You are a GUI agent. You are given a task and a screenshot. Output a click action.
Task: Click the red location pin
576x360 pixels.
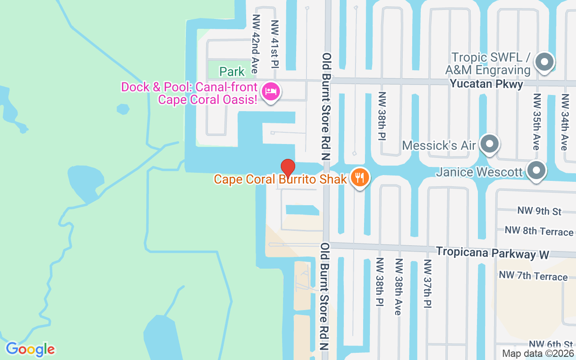click(288, 168)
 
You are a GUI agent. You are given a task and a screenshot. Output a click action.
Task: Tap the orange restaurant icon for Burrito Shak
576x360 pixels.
click(359, 178)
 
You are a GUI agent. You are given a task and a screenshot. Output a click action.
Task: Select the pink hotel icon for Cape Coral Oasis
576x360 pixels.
click(271, 91)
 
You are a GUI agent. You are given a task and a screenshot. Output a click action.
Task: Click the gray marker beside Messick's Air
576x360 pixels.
click(489, 144)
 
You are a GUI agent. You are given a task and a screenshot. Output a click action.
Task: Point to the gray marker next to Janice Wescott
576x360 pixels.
click(536, 171)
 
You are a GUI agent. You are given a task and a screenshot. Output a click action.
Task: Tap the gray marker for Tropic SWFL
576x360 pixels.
click(544, 63)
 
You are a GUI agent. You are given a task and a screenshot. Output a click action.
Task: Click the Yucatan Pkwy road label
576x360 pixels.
click(486, 84)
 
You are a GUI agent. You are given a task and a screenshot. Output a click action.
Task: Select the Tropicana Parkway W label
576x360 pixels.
click(492, 253)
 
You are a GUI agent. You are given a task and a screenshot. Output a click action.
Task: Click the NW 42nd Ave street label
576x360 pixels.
click(255, 44)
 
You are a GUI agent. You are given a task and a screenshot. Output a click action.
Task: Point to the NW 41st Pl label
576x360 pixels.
click(274, 44)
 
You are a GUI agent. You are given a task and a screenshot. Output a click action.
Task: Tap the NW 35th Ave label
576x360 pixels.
click(536, 122)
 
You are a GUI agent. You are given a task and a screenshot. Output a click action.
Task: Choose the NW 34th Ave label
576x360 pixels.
click(564, 122)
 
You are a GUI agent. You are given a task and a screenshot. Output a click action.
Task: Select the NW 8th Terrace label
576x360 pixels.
click(539, 231)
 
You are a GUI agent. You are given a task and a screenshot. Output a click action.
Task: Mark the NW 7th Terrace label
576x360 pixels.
click(533, 275)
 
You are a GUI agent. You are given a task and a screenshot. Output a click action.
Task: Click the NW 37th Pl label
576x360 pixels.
click(427, 283)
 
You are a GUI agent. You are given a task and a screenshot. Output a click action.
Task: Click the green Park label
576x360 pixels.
click(232, 71)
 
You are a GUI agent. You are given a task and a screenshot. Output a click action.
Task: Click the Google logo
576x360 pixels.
click(30, 349)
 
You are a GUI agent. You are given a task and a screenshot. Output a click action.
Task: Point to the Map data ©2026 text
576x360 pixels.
click(538, 354)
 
